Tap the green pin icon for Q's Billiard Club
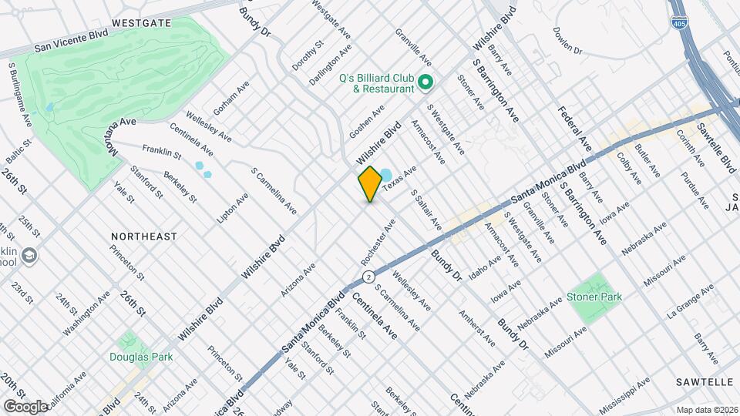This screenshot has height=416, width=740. (424, 81)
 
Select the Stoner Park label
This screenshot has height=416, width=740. (594, 297)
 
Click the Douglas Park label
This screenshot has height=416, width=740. (141, 357)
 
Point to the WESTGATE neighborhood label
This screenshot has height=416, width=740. (141, 24)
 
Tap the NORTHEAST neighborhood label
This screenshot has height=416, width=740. (144, 237)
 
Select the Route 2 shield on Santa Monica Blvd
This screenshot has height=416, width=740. (369, 276)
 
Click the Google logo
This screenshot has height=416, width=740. (25, 406)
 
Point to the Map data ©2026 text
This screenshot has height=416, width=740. (707, 410)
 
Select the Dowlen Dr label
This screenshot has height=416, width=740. (567, 41)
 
